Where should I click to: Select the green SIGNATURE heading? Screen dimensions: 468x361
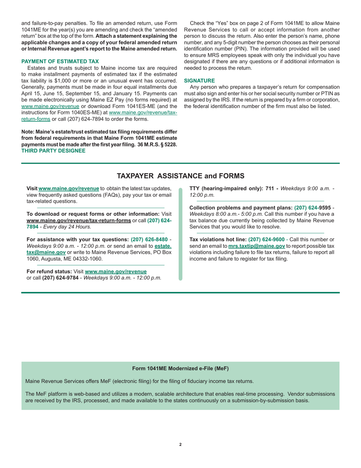coord(199,80)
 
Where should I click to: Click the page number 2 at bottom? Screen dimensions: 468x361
coord(180,444)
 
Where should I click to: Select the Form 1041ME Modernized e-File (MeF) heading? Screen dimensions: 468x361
coord(180,368)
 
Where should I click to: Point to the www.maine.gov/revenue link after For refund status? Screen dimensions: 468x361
coord(116,271)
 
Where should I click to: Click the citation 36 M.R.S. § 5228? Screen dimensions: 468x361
coord(157,145)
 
